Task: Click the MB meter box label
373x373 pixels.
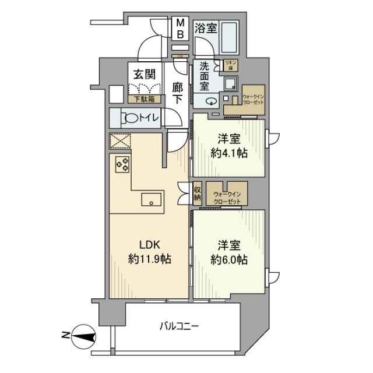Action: click(x=181, y=29)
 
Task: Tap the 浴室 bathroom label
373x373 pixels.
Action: click(x=206, y=28)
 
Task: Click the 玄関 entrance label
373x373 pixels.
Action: click(x=143, y=75)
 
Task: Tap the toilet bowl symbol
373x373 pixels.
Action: click(x=132, y=118)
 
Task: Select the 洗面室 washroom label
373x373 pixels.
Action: click(x=205, y=76)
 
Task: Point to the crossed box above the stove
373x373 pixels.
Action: click(x=120, y=142)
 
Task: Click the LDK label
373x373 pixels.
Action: click(x=150, y=244)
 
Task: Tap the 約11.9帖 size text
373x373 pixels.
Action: click(x=150, y=258)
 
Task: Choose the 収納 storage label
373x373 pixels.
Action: click(x=198, y=193)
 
